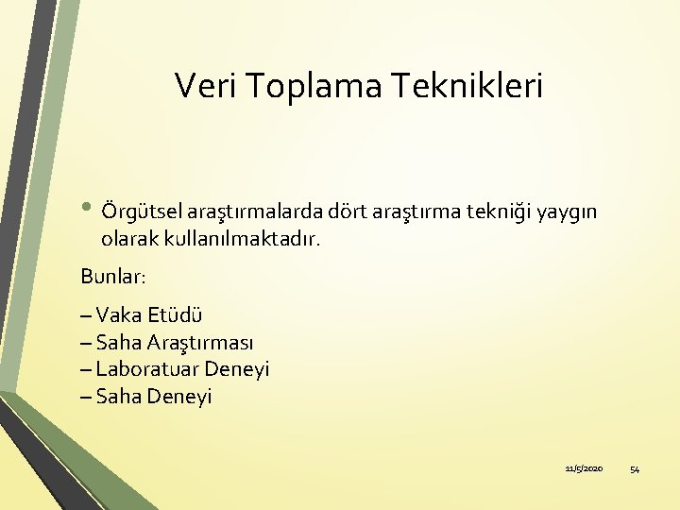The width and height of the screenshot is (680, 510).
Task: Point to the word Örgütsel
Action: (140, 210)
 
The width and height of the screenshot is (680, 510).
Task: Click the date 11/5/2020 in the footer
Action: (584, 469)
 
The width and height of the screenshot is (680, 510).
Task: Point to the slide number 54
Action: (635, 469)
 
